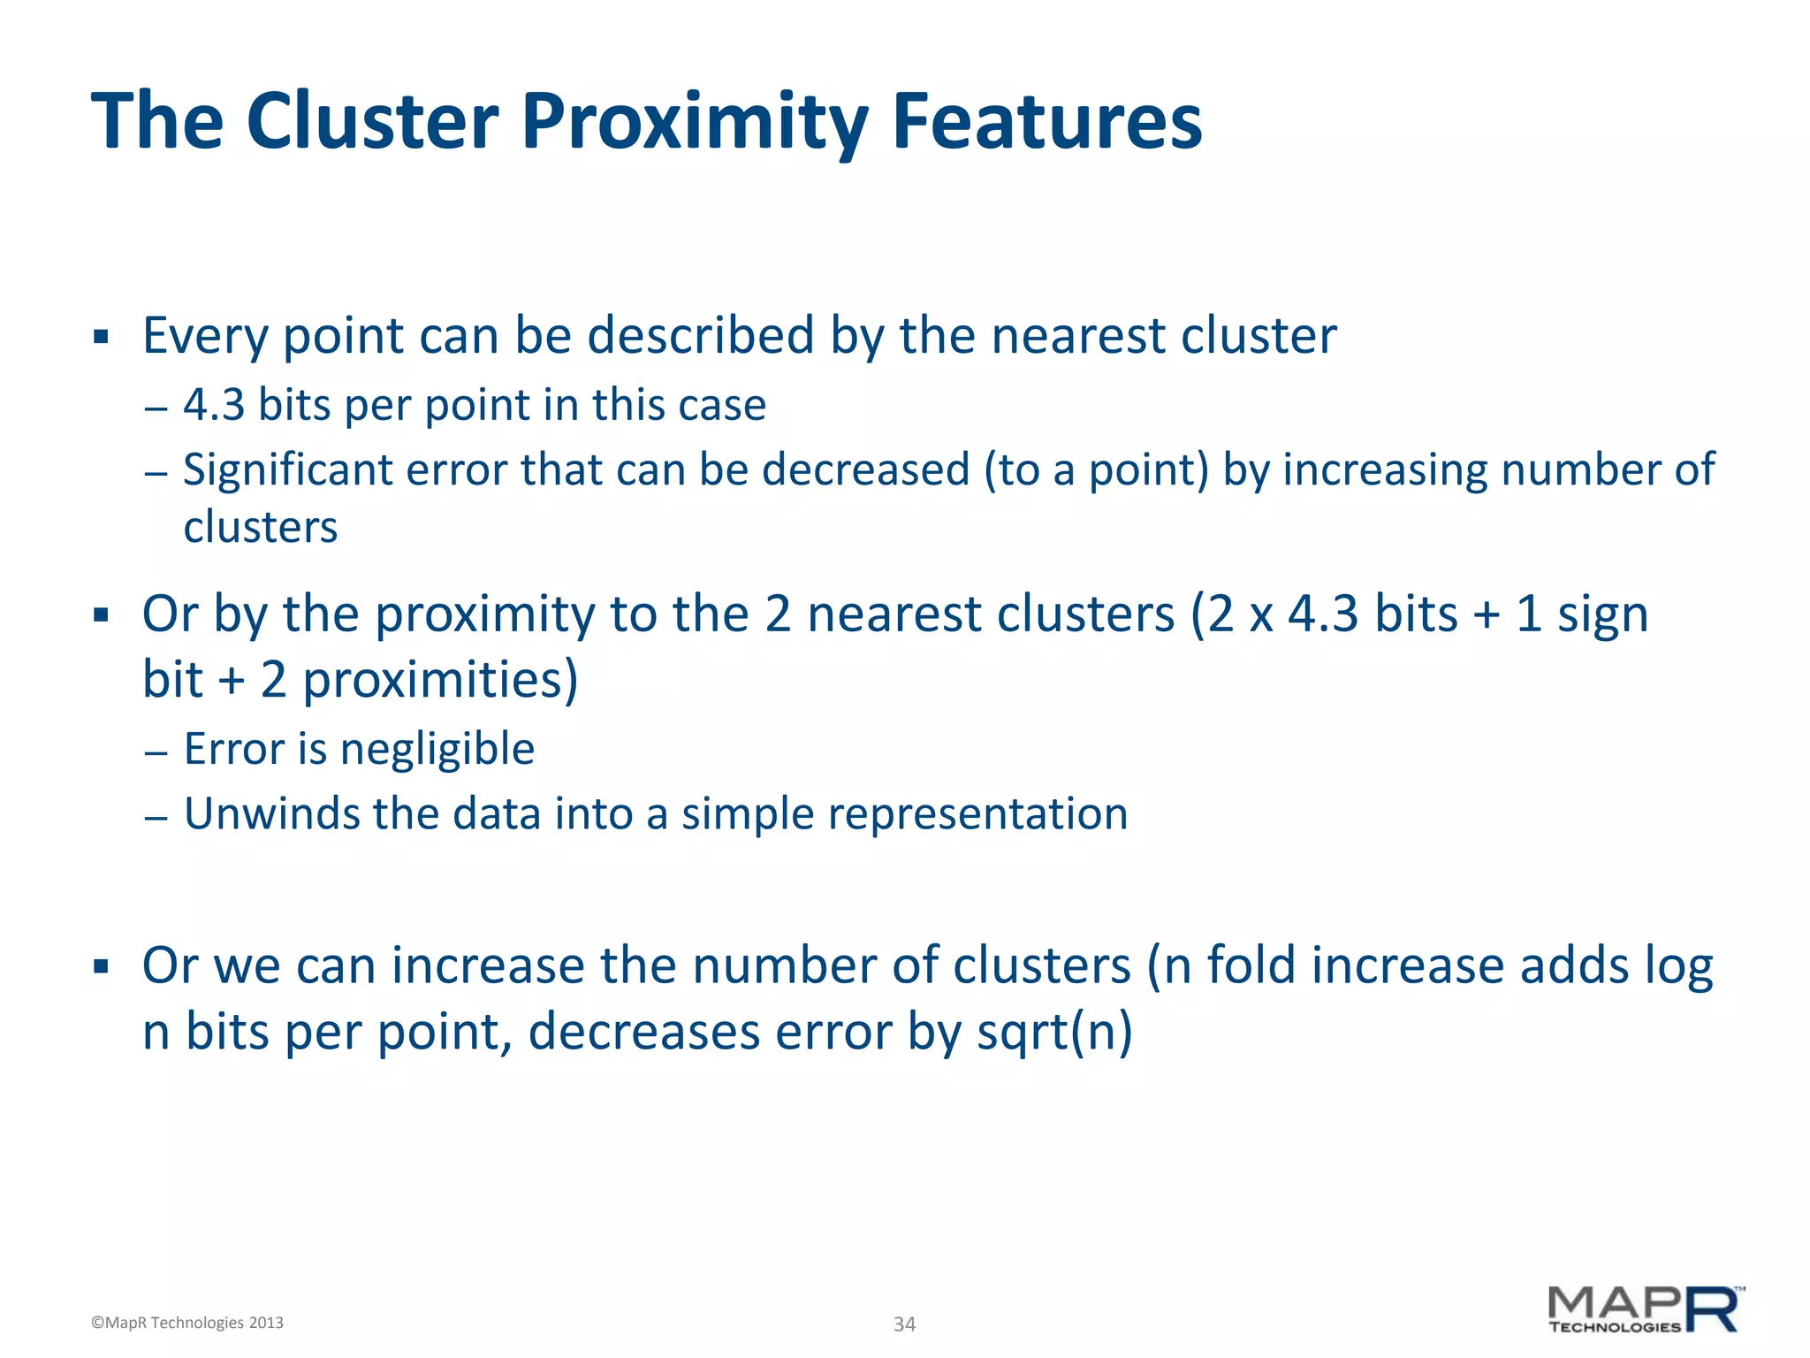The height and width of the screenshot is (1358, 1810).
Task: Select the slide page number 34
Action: pos(904,1324)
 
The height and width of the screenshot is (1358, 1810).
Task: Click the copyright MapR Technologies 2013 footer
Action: pos(187,1323)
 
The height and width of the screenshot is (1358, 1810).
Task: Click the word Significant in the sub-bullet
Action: pos(287,469)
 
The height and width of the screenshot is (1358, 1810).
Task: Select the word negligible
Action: pos(437,750)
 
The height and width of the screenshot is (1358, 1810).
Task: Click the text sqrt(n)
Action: pos(1053,1032)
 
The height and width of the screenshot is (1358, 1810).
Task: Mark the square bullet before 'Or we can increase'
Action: pos(101,966)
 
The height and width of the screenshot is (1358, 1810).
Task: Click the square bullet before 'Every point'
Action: pos(101,337)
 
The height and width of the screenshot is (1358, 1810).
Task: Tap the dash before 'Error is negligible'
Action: pos(156,752)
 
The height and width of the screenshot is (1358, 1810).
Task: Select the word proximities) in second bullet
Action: pos(440,680)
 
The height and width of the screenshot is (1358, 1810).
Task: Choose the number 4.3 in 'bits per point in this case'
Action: pos(214,405)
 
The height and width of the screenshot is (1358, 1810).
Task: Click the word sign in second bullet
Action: pos(1602,614)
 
